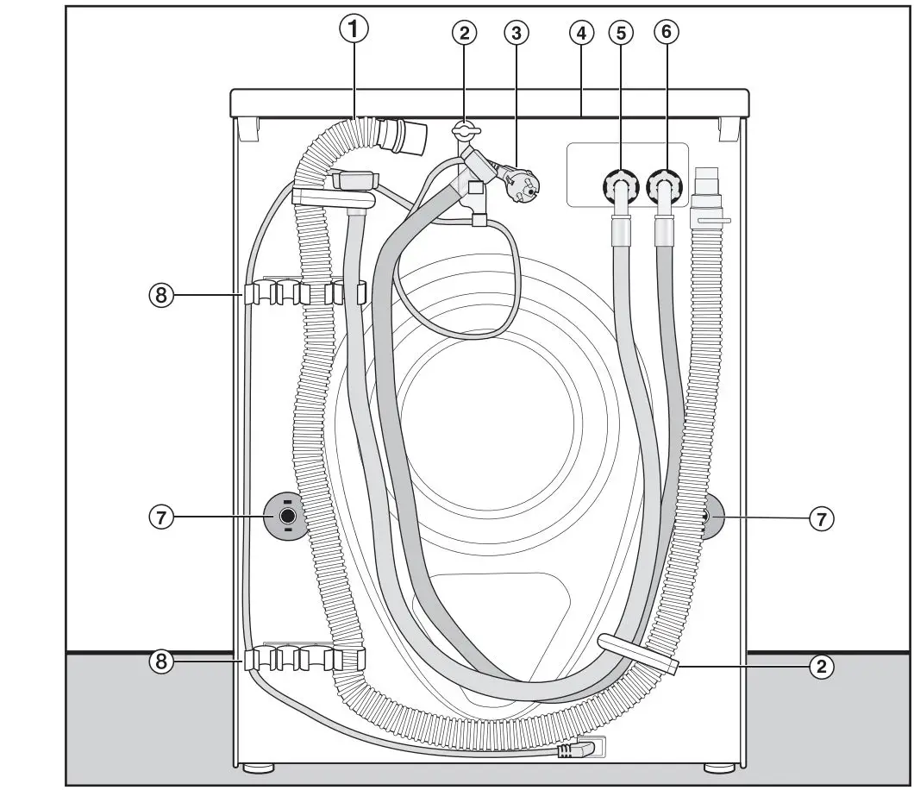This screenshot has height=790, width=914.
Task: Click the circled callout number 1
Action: (353, 29)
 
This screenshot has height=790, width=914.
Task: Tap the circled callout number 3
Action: (516, 34)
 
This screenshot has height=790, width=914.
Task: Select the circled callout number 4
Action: (581, 34)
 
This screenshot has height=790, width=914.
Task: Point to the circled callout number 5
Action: (620, 34)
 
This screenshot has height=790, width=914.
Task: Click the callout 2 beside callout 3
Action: (465, 34)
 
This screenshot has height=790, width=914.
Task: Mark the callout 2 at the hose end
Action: (823, 666)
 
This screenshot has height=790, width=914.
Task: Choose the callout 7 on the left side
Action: (160, 517)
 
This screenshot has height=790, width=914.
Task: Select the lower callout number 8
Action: (160, 661)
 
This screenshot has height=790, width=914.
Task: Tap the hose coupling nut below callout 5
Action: (619, 186)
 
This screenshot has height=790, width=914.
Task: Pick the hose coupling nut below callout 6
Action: (664, 186)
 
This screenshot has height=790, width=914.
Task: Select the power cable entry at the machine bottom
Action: (576, 750)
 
